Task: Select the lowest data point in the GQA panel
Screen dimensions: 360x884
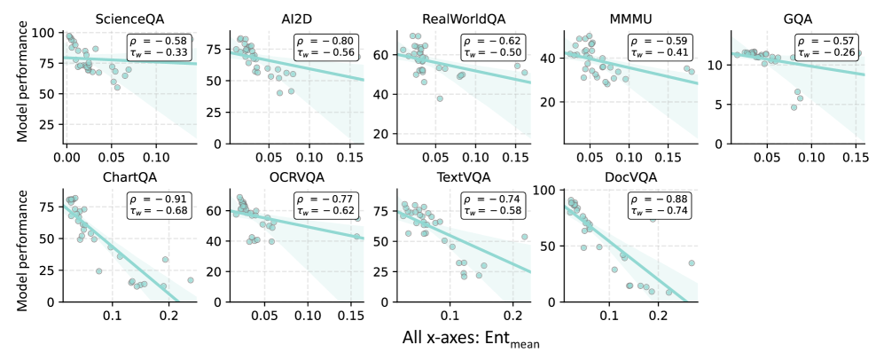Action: (x=794, y=107)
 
